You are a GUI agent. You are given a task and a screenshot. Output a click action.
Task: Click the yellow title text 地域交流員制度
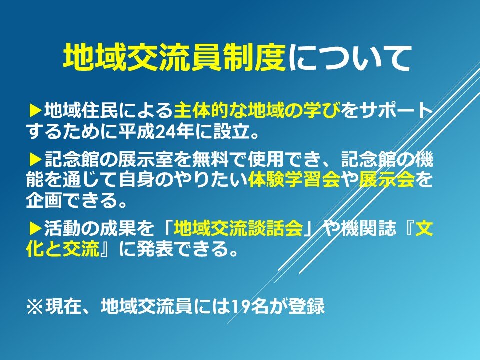pyautogui.click(x=174, y=58)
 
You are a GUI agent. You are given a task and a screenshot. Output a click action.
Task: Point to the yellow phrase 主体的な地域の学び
pyautogui.click(x=257, y=110)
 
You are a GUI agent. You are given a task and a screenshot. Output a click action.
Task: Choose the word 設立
pyautogui.click(x=231, y=132)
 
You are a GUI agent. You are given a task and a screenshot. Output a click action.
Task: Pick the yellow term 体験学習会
pyautogui.click(x=294, y=179)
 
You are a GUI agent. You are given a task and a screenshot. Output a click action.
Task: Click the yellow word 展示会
pyautogui.click(x=387, y=179)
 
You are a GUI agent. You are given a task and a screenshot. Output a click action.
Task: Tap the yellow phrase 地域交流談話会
pyautogui.click(x=238, y=228)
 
